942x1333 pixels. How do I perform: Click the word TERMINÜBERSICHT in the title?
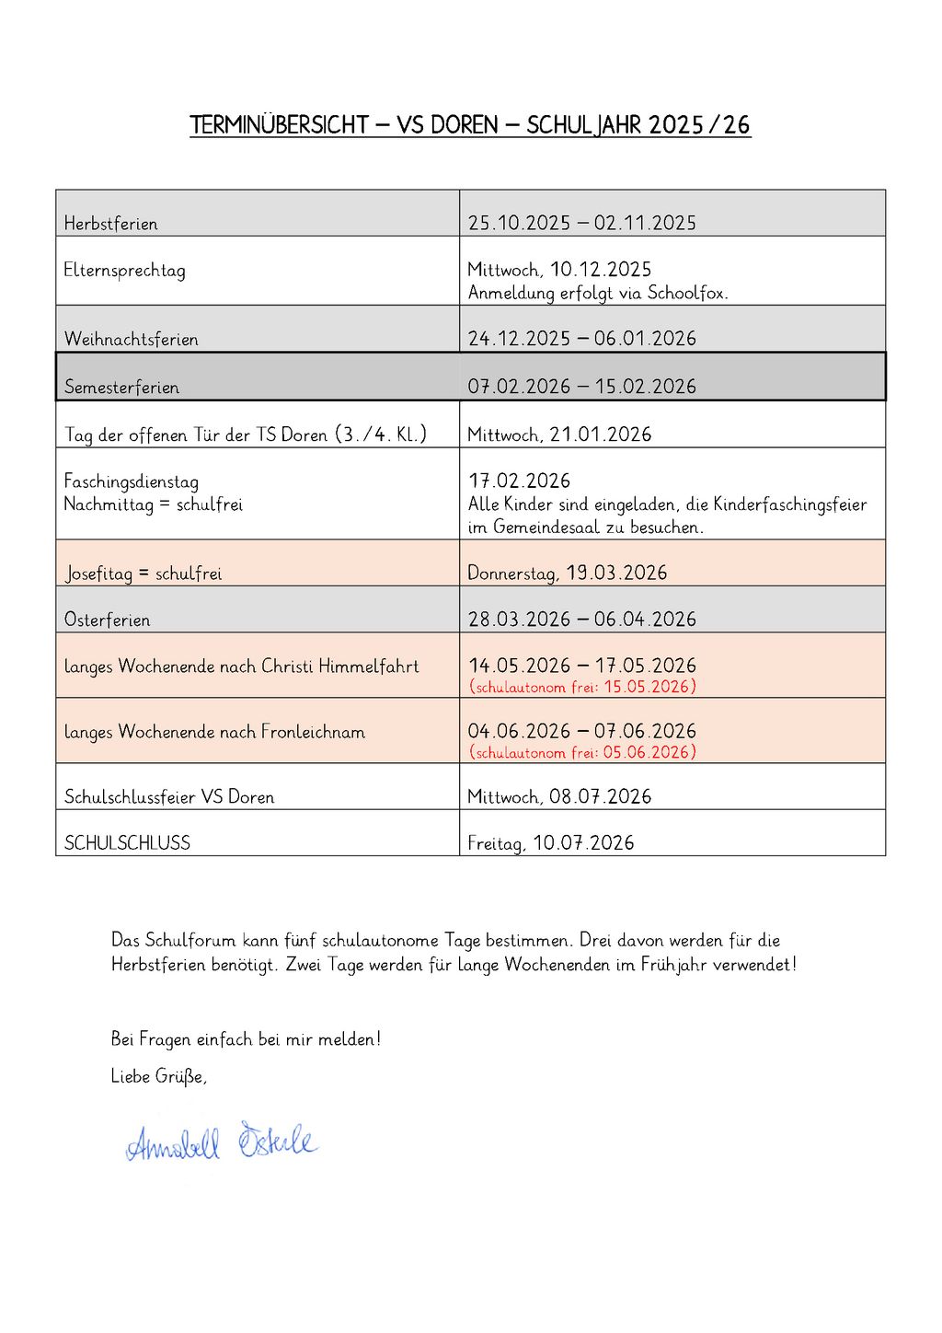tap(279, 125)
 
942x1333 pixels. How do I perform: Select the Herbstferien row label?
tap(110, 224)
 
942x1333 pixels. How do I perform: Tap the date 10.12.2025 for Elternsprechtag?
tap(601, 270)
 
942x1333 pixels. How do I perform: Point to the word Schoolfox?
tap(687, 294)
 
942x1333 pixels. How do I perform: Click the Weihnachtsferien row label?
tap(132, 340)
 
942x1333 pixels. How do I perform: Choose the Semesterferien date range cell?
tap(581, 387)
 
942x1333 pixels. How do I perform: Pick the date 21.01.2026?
tap(601, 435)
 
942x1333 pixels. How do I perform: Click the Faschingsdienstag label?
tap(132, 481)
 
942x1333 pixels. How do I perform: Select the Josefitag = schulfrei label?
tap(144, 574)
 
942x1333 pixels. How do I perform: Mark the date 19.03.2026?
tap(616, 574)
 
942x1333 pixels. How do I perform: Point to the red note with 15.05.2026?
tap(582, 687)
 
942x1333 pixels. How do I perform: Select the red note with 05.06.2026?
tap(582, 752)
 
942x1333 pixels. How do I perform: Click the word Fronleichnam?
tap(313, 732)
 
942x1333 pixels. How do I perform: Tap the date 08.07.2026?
tap(601, 797)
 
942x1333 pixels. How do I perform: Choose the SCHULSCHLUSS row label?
tap(127, 843)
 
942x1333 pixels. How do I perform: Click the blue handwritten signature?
tap(221, 1143)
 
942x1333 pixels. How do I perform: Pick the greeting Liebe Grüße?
tap(158, 1076)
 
